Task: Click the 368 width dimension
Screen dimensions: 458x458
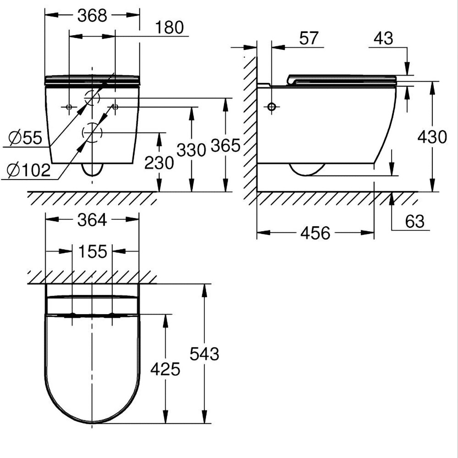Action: [92, 16]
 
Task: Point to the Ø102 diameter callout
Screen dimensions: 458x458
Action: [28, 170]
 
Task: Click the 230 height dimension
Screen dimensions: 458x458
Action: [159, 163]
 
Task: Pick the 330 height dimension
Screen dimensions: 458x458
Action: [191, 150]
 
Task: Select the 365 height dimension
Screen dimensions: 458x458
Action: [225, 146]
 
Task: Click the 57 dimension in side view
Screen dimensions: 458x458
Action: [309, 38]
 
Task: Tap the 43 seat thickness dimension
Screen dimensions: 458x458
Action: [383, 38]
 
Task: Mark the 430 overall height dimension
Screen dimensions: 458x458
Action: [432, 137]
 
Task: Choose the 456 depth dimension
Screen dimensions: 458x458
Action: [315, 233]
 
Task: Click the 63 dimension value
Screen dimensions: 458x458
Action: [415, 222]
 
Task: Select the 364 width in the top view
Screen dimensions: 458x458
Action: [92, 220]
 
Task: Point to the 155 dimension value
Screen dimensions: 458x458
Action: [92, 251]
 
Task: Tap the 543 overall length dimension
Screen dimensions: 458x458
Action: [204, 354]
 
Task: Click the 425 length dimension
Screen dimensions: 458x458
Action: [165, 369]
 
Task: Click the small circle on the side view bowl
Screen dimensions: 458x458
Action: [272, 107]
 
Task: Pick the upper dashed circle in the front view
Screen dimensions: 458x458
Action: [92, 98]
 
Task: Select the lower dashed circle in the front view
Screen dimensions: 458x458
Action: [92, 133]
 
